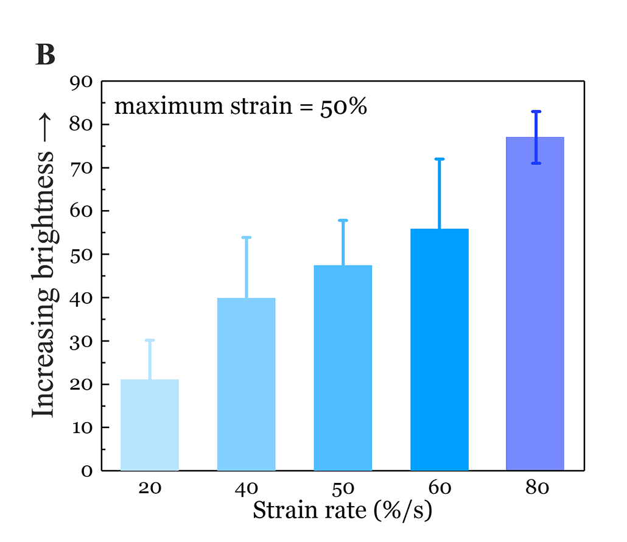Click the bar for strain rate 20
[x=150, y=425]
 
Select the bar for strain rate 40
[x=246, y=384]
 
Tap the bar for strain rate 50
[x=343, y=368]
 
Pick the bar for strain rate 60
[x=439, y=350]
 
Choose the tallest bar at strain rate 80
[x=535, y=304]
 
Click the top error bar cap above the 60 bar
[x=439, y=159]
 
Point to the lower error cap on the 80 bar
[x=536, y=163]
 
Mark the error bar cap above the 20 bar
[x=150, y=340]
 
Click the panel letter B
[x=46, y=55]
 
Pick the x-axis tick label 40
[x=246, y=488]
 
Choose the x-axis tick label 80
[x=535, y=488]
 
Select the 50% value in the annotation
[x=343, y=107]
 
